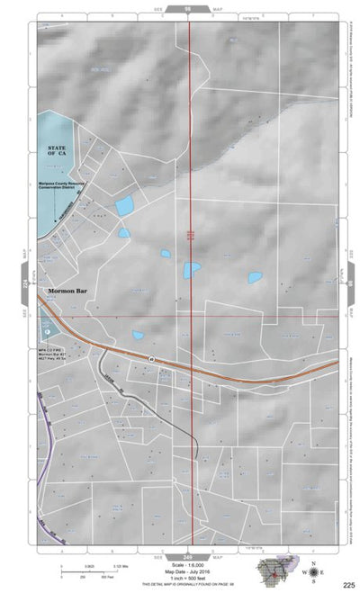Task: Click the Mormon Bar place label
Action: click(x=61, y=292)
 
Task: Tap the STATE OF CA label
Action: click(x=57, y=150)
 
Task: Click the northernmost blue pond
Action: click(x=124, y=206)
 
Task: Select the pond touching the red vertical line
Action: click(x=192, y=268)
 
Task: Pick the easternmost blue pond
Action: click(x=255, y=277)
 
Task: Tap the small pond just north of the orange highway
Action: click(x=138, y=336)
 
